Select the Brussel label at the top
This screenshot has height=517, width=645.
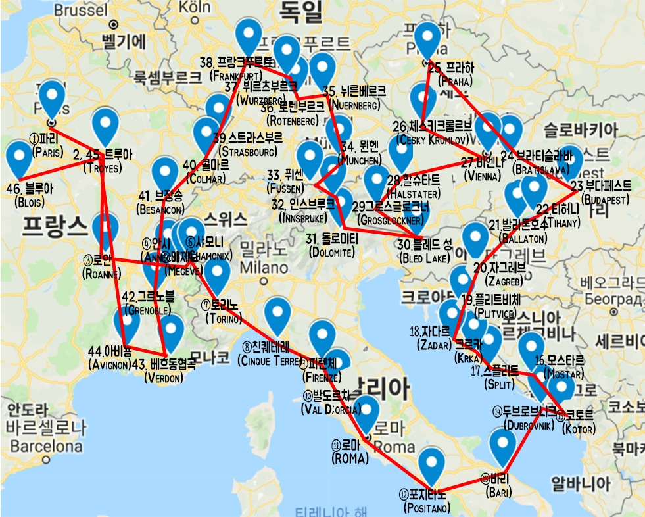click(x=78, y=10)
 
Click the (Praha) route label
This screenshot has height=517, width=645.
click(x=450, y=82)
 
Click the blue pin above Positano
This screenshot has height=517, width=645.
click(x=431, y=463)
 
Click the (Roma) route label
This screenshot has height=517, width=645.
click(x=350, y=459)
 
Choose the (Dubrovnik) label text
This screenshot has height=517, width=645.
click(x=528, y=424)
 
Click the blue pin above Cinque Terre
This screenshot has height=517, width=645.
click(x=277, y=313)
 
